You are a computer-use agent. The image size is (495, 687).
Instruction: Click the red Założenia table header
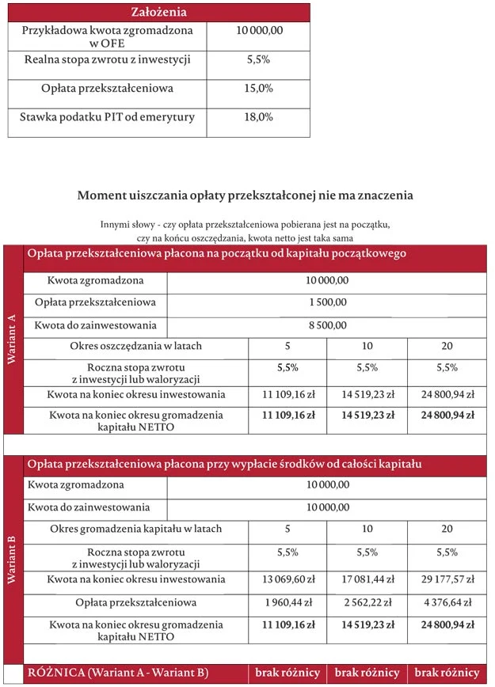158,12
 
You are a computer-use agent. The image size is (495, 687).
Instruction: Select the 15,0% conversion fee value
259,89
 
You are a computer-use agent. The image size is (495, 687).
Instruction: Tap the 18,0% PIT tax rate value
259,117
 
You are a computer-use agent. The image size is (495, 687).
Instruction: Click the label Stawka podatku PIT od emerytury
109,117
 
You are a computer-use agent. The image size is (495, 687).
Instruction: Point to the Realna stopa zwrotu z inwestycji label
108,59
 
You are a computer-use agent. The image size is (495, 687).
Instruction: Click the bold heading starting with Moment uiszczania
246,195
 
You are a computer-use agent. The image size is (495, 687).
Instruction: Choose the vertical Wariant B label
13,560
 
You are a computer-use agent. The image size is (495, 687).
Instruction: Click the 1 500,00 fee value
327,302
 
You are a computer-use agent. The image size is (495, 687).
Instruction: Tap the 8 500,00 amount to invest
327,325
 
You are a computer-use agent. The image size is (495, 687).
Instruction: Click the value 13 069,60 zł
287,579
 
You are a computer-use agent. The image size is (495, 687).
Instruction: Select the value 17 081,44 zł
367,579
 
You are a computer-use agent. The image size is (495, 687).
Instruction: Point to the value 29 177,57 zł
447,579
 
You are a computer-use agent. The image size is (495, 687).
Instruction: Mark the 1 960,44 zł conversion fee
287,602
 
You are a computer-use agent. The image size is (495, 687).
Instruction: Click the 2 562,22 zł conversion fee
367,602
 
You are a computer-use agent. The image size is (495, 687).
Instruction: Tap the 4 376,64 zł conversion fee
447,602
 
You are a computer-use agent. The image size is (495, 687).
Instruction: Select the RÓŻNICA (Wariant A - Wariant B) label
118,673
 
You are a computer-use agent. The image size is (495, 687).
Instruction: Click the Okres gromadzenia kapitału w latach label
135,529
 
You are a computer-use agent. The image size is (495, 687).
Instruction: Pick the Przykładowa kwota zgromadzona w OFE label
108,36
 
